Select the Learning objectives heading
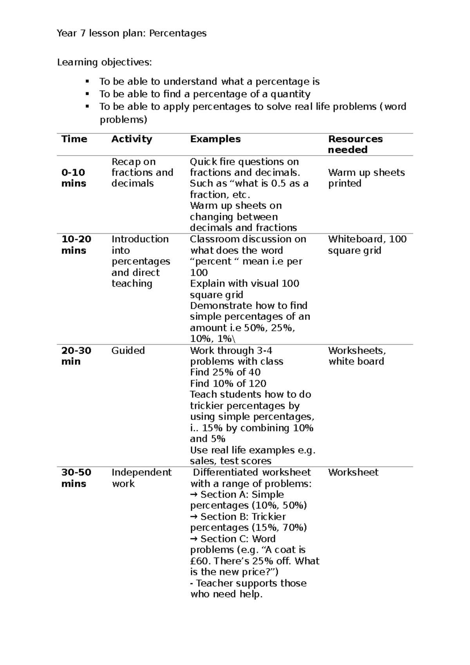click(x=104, y=62)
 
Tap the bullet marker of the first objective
click(x=87, y=82)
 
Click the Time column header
click(x=74, y=139)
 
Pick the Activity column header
click(x=132, y=139)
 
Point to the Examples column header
click(x=215, y=139)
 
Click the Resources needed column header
click(x=355, y=144)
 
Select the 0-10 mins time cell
click(x=74, y=178)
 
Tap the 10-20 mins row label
click(x=76, y=245)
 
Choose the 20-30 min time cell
click(x=76, y=356)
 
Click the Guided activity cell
click(x=128, y=351)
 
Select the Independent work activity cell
click(x=141, y=478)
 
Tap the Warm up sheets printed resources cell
click(x=366, y=178)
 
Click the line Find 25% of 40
click(x=225, y=372)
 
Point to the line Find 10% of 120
click(x=228, y=383)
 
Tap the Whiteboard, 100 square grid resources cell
click(x=367, y=245)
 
